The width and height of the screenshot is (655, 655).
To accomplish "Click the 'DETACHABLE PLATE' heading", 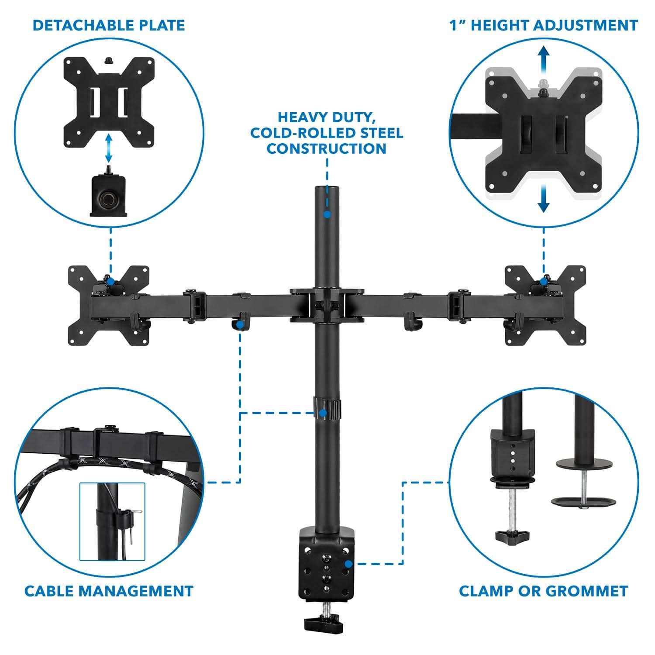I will click(x=109, y=25).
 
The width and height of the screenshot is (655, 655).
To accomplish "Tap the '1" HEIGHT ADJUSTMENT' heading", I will click(x=544, y=25).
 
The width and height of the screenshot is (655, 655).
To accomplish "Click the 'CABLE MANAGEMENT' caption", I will click(x=109, y=591).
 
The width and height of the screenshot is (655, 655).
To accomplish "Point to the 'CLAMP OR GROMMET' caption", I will click(x=544, y=591).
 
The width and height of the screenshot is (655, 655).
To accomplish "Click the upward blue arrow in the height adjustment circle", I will click(x=543, y=61).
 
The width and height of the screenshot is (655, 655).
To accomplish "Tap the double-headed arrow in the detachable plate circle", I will click(x=108, y=148).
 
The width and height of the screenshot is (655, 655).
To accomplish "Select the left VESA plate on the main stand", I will click(x=108, y=305).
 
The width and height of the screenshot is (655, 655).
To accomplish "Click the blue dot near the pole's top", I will click(x=327, y=214).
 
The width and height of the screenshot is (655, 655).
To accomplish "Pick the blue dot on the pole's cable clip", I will click(x=323, y=412).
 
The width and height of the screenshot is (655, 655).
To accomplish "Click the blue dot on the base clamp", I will click(x=348, y=564).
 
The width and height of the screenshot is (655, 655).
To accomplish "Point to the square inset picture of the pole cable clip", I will click(x=112, y=521).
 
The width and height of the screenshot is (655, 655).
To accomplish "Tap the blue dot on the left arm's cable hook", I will click(x=240, y=325).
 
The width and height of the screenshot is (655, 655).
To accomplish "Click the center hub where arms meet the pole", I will click(x=327, y=305).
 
